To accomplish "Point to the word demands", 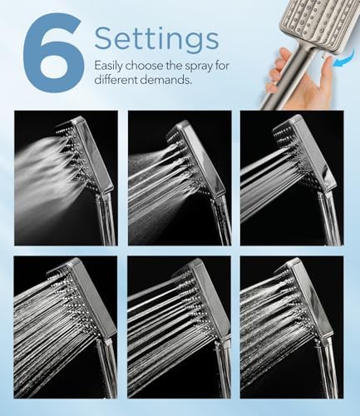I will [x=166, y=82].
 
